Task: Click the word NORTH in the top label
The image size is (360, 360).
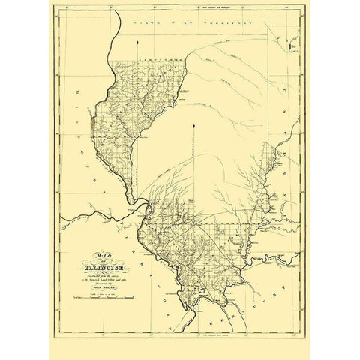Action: tap(142, 25)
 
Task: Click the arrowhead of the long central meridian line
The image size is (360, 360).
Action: tap(193, 124)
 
